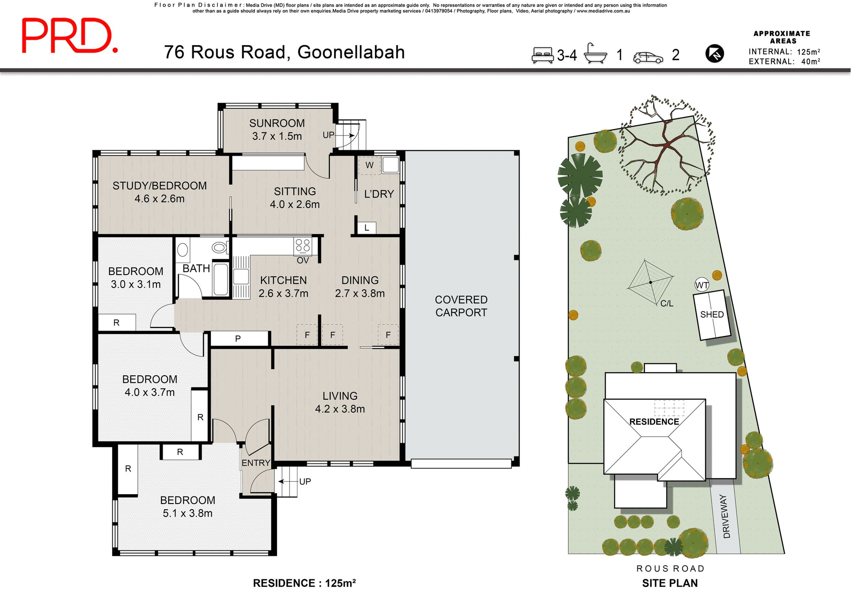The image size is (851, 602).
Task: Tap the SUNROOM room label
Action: point(277,123)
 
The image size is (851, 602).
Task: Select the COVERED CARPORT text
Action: point(461,306)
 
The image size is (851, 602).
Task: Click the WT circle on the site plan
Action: point(702,285)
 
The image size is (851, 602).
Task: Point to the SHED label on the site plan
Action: point(712,315)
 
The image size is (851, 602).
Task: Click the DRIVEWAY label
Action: point(726,516)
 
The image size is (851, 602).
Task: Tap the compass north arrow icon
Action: point(714,54)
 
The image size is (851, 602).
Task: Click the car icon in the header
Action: point(648,57)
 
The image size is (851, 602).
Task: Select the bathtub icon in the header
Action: point(595,54)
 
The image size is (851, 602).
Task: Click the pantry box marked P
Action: point(238,338)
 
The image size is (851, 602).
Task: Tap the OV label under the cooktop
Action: point(303,260)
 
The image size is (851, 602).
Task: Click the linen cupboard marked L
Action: point(367,228)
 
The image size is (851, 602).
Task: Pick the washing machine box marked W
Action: point(369,165)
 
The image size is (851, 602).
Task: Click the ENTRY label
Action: point(256,463)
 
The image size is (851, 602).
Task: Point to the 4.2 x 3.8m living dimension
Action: point(340,409)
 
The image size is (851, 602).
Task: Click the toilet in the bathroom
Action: point(219,247)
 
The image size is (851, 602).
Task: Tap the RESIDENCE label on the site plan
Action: point(654,422)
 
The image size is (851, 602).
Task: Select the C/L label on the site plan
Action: point(667,303)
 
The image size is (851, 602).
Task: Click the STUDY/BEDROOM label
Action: point(160,186)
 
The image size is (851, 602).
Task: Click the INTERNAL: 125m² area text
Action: point(784,52)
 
